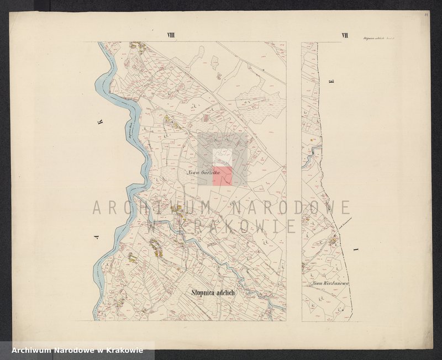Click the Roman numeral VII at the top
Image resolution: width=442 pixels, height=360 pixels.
click(345, 36)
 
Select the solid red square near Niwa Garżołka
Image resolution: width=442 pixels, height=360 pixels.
click(222, 176)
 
